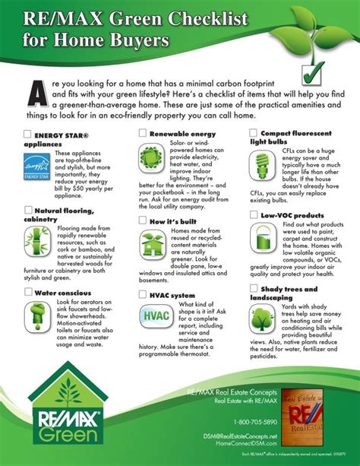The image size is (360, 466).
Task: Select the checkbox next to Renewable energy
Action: tap(143, 133)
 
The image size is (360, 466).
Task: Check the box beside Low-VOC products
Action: tap(254, 216)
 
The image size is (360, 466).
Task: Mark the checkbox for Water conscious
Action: tap(29, 291)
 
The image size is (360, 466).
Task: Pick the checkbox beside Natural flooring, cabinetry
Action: tap(29, 210)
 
